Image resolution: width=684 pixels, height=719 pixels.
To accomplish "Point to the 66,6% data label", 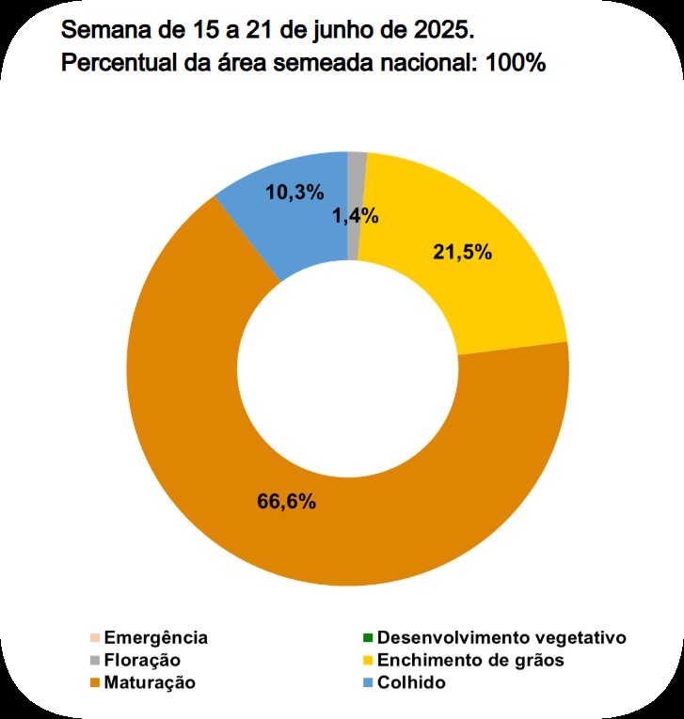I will [x=286, y=500].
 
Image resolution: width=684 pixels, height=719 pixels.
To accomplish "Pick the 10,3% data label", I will [x=294, y=193].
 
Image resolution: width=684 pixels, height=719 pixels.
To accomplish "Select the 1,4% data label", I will [x=355, y=216].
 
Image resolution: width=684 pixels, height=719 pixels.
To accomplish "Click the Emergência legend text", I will [x=156, y=638].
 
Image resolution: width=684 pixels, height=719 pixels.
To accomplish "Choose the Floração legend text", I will [x=142, y=661].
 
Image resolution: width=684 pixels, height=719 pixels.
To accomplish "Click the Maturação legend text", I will [x=151, y=683].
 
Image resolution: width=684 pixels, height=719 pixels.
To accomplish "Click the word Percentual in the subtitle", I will [x=111, y=64].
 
